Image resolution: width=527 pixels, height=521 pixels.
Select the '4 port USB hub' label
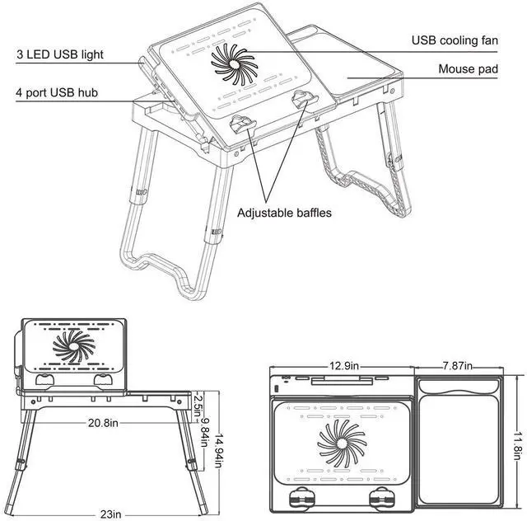point(58,92)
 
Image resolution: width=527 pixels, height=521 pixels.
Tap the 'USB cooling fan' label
point(455,40)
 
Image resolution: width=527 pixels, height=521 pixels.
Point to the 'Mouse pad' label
point(468,70)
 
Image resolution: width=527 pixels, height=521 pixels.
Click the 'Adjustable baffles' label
point(284,213)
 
